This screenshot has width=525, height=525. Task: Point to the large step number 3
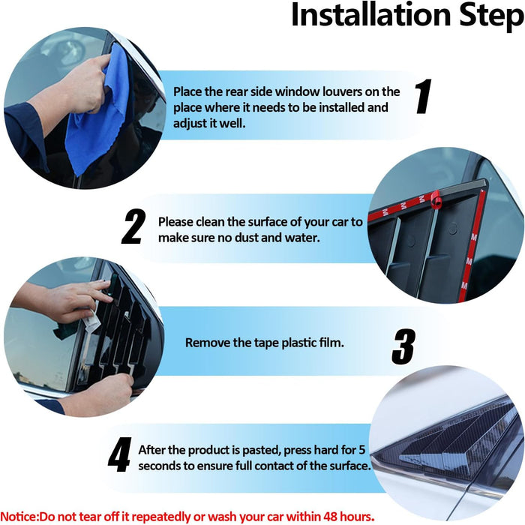[x=403, y=346]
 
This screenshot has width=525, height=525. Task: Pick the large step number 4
[x=119, y=454]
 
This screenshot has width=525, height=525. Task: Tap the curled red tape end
[x=436, y=199]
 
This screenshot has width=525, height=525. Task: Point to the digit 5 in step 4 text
[x=361, y=450]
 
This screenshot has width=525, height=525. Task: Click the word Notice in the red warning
[x=19, y=516]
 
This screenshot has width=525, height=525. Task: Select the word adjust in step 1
[x=190, y=124]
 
